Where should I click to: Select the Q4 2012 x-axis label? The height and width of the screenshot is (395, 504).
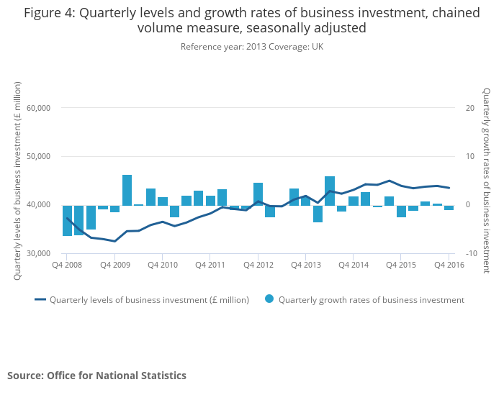(258, 265)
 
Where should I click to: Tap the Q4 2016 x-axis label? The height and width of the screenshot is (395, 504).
(449, 265)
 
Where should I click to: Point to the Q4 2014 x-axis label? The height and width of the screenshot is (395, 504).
(353, 265)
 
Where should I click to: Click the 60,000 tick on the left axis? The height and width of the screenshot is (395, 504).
(37, 108)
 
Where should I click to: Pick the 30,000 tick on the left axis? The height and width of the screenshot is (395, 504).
(37, 253)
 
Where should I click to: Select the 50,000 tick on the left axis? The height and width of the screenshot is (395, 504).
(37, 156)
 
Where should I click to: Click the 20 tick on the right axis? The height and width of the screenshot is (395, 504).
(469, 108)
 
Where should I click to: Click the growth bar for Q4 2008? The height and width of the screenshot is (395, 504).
(67, 220)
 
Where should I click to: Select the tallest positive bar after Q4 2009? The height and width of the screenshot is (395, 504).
(127, 190)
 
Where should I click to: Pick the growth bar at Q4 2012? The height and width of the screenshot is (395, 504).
(258, 194)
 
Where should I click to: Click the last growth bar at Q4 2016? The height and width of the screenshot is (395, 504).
(449, 208)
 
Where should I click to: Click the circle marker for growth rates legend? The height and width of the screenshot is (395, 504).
(269, 299)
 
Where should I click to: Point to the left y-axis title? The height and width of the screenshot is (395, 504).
(17, 181)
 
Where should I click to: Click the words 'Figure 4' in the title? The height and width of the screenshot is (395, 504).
(50, 13)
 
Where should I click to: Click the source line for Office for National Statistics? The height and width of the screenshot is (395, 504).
(96, 376)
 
